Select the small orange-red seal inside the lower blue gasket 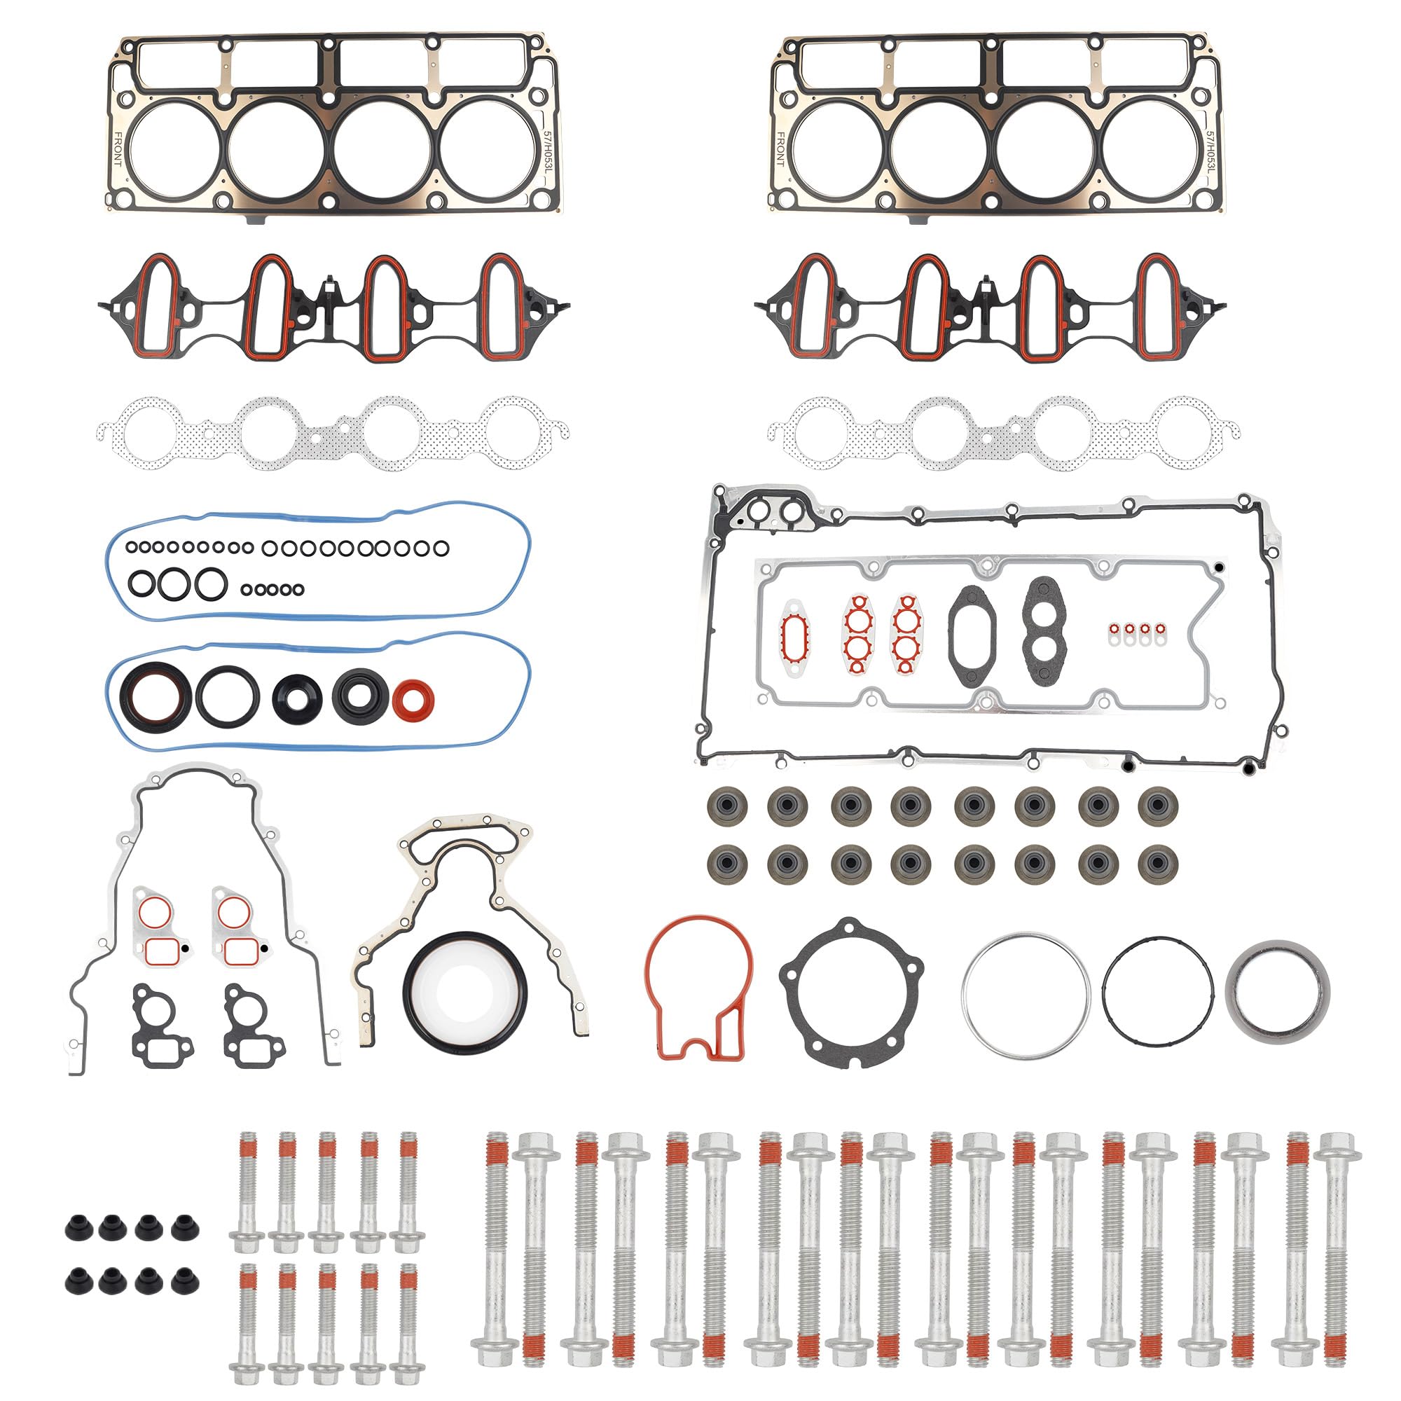tap(413, 700)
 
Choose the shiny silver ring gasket tap(1026, 989)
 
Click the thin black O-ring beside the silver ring tap(1157, 991)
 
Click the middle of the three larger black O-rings tap(174, 582)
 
